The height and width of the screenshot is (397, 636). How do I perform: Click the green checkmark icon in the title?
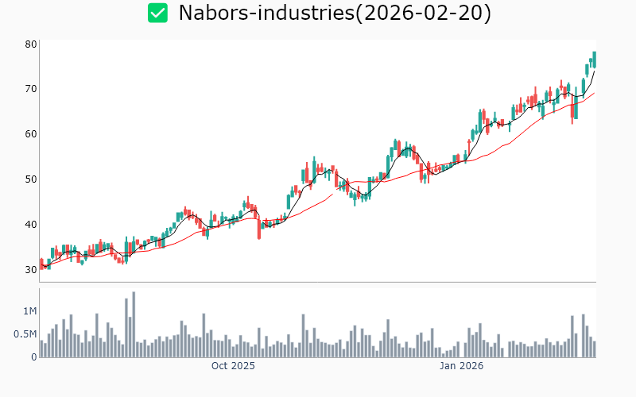pos(158,13)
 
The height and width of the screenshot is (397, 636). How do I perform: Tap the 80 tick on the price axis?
pos(31,44)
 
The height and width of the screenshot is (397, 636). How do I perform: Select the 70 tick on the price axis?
pos(31,88)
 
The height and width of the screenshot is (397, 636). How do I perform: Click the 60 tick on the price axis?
pos(31,133)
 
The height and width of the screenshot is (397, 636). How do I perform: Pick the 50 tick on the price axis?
pos(31,179)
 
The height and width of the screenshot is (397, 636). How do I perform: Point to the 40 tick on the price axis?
pos(31,224)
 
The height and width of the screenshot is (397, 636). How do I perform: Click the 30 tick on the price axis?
pos(31,269)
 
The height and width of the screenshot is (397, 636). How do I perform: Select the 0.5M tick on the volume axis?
pos(25,334)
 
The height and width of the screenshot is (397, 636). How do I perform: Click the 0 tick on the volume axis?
pos(33,357)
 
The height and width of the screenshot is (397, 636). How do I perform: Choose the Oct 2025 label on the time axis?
pos(233,366)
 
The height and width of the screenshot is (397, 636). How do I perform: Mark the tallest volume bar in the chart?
pos(134,325)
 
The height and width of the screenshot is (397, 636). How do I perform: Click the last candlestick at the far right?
pos(594,59)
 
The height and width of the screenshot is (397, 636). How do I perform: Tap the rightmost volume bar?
pos(594,349)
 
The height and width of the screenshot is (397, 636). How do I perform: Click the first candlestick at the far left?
pos(41,264)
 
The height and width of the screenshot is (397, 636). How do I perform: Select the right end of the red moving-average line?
pos(594,93)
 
